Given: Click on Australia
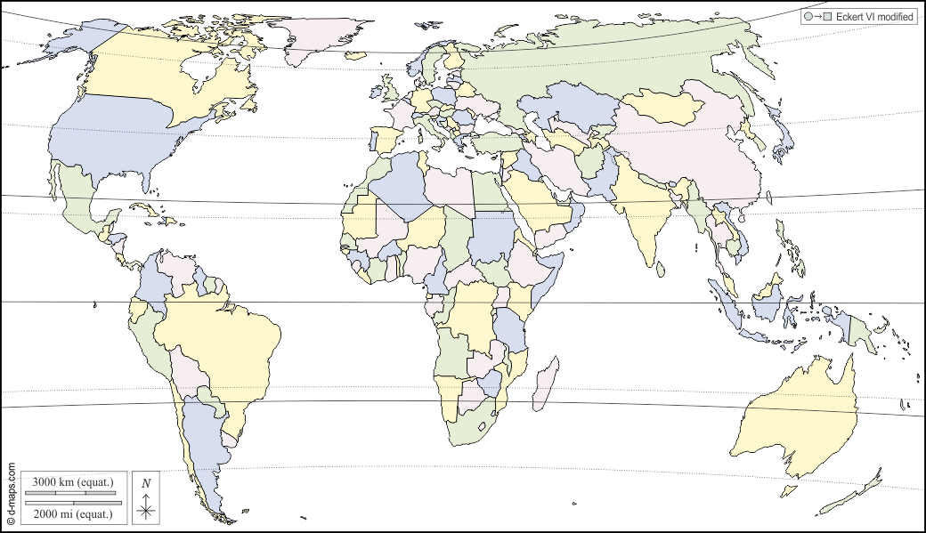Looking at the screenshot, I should click(792, 418).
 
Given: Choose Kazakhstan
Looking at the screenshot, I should click(570, 111).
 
